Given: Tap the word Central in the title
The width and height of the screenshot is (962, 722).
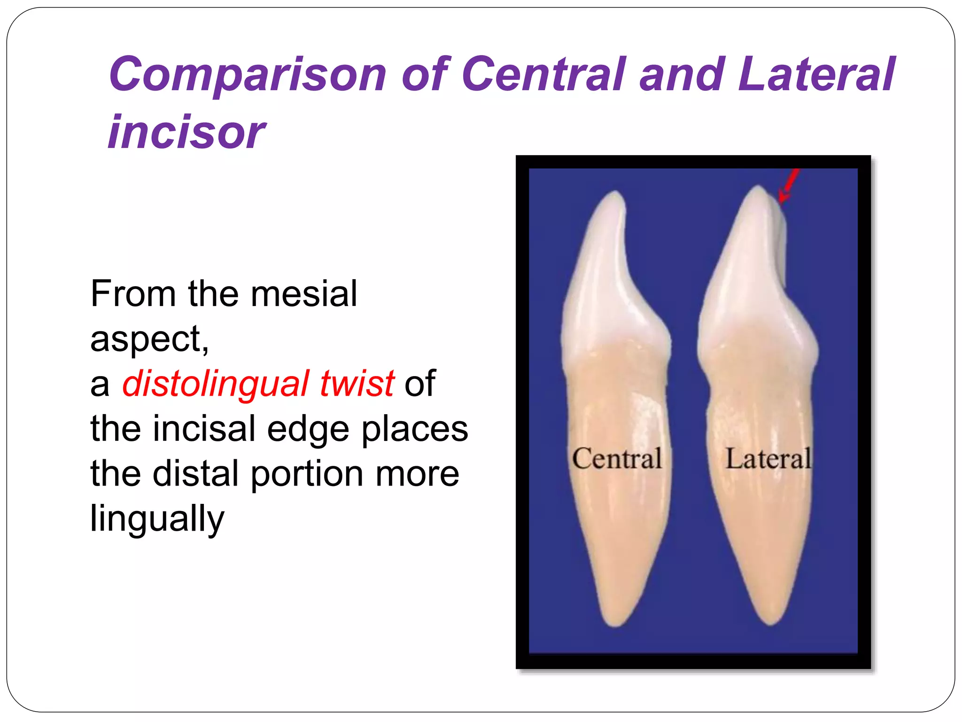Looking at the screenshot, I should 544,74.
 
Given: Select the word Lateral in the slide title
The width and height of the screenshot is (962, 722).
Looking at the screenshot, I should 816,74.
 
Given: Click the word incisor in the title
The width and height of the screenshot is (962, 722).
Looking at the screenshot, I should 186,132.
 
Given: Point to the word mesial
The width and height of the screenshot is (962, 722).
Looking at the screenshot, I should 304,294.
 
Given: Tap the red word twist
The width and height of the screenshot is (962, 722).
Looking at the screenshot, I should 357,384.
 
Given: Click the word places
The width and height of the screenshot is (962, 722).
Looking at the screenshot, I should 415,429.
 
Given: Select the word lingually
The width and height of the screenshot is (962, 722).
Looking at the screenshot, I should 157,518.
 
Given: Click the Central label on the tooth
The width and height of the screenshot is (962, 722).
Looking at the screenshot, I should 617,459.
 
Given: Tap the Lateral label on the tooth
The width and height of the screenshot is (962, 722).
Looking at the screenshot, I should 768,459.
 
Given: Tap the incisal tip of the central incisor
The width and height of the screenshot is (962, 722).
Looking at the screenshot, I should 615,194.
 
